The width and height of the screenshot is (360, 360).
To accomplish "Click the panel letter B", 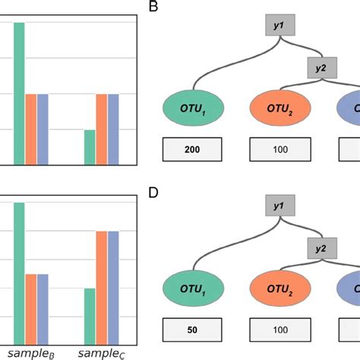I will (153, 8).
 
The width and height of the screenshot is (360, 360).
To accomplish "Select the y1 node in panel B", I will (278, 25).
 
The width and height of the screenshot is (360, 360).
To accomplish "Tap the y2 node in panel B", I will (320, 68).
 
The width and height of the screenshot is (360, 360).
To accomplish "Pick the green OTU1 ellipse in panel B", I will (192, 109).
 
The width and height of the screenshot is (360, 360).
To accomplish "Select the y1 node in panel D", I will (278, 205).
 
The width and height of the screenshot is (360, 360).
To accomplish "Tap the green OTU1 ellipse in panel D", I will (192, 289).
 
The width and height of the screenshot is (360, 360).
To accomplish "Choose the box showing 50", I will (192, 331).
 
